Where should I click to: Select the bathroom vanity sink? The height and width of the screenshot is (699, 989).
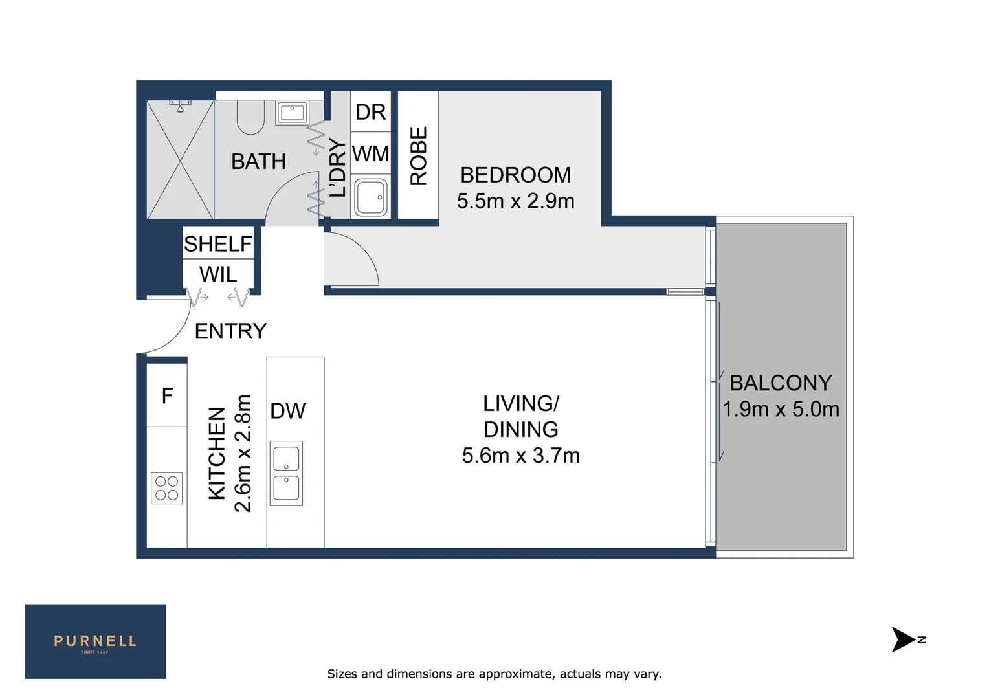[292, 112]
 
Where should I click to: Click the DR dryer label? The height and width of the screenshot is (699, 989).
[370, 112]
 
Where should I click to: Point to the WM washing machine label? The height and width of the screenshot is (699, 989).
[370, 153]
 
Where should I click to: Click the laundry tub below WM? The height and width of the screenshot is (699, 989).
[371, 197]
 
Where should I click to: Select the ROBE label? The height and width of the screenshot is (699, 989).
[419, 156]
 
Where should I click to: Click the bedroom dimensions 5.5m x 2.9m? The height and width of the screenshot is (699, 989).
[515, 201]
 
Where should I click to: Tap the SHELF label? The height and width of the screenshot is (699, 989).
[218, 244]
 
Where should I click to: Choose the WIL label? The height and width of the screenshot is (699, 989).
[218, 274]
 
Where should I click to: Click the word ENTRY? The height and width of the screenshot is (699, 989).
[230, 331]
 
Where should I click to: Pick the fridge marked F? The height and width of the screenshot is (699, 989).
[167, 395]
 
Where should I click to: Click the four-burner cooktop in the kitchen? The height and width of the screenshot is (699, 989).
[166, 488]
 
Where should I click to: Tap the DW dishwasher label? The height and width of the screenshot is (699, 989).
[287, 411]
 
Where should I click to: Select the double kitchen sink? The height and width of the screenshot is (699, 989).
[286, 473]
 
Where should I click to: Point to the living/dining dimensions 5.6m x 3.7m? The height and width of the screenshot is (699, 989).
[520, 456]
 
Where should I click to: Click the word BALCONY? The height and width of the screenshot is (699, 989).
[781, 383]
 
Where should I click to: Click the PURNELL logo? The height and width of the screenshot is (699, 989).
[95, 641]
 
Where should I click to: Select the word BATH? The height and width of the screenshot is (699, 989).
[258, 162]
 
